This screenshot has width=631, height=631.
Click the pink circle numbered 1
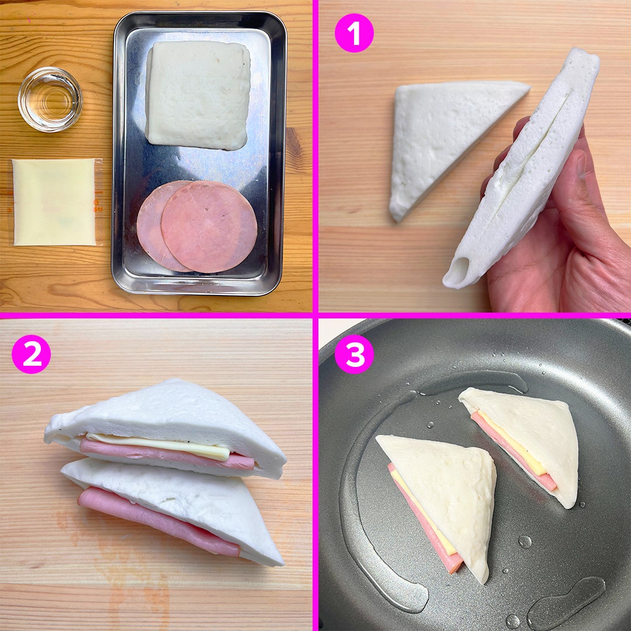[x=354, y=33]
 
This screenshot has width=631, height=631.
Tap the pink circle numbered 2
[x=32, y=354]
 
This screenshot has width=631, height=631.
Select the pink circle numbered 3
[x=354, y=354]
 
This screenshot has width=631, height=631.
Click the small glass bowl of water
[x=50, y=99]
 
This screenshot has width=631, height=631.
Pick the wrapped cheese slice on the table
[x=55, y=202]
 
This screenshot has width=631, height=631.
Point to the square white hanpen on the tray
[x=198, y=95]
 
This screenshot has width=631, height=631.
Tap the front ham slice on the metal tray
[x=209, y=227]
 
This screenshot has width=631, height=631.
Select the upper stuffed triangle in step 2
[x=165, y=429]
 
